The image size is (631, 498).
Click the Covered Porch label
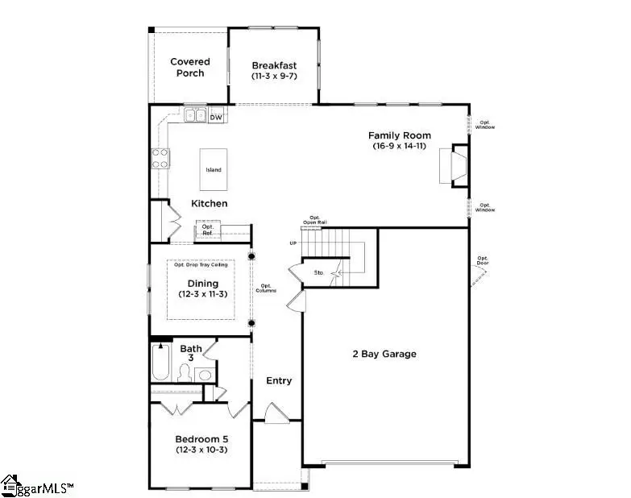[189, 67]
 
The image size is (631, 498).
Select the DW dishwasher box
[215, 118]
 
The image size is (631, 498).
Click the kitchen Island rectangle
[213, 169]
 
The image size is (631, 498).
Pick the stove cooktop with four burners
[160, 160]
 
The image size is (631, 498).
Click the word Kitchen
[209, 204]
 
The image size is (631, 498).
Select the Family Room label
[399, 135]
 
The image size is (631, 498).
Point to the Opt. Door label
[483, 260]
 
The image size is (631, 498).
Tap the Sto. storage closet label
[319, 273]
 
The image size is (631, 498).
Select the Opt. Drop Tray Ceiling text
[201, 265]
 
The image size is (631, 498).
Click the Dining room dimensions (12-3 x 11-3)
[201, 294]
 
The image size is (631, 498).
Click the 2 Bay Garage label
[384, 354]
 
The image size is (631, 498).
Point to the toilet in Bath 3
[185, 373]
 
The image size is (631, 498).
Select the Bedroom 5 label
[201, 439]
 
